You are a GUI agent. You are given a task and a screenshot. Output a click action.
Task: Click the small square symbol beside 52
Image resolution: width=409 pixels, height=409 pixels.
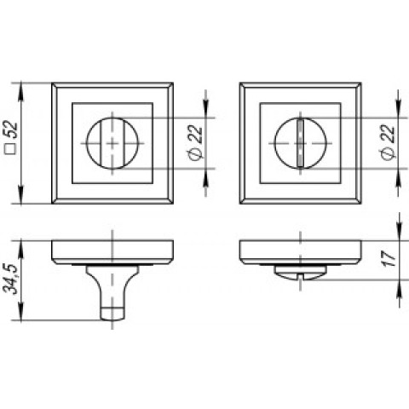[11, 148]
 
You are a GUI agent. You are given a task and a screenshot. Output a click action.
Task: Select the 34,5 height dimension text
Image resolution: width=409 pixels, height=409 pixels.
[10, 279]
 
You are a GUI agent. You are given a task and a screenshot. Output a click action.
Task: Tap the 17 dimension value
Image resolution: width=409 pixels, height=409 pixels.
[390, 259]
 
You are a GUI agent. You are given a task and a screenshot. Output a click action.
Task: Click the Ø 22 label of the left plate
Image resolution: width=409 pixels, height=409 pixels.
[195, 142]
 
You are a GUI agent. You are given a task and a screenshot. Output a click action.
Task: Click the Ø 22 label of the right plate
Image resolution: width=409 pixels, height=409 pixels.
[388, 142]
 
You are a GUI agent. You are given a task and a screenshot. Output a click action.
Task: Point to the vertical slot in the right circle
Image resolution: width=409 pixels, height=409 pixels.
[300, 143]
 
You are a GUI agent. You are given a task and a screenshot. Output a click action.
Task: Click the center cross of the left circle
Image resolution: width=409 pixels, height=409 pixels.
[112, 143]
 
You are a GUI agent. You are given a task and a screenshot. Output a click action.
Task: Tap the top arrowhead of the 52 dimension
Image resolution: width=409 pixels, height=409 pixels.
[21, 92]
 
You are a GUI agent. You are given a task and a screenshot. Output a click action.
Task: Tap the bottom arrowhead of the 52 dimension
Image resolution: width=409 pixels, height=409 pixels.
[21, 195]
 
